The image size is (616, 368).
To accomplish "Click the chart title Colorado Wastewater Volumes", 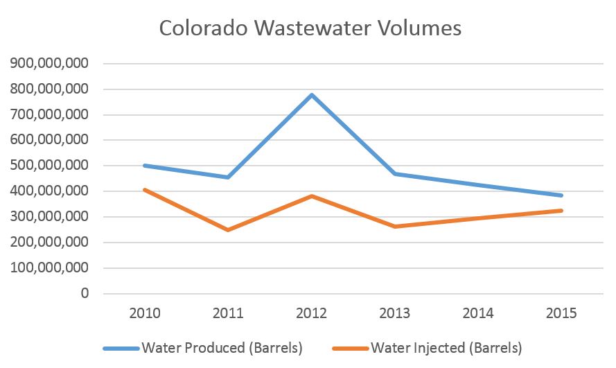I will tap(310, 28).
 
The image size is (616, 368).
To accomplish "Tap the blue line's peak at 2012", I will tap(312, 95).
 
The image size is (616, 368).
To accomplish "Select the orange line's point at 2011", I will tap(228, 229).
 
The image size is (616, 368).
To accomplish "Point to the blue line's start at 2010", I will tap(145, 166).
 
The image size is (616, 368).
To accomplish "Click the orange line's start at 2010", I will tap(145, 189).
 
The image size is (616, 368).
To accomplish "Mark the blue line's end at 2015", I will tap(561, 195).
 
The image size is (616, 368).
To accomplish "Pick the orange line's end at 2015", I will tap(561, 211).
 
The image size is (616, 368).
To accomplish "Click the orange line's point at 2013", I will tap(395, 226).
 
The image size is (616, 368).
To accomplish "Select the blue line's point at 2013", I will tap(395, 174).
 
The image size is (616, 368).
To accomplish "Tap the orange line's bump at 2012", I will tap(312, 196).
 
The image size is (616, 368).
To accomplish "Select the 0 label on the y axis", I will tap(85, 294).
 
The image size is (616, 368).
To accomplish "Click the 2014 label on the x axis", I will tap(477, 313).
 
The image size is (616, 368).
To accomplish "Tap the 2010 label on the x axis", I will tap(145, 313).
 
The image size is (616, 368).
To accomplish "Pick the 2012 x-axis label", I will tap(311, 313).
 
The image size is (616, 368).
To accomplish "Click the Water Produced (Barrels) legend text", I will tap(222, 348).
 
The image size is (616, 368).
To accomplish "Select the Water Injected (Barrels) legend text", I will tap(446, 348).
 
